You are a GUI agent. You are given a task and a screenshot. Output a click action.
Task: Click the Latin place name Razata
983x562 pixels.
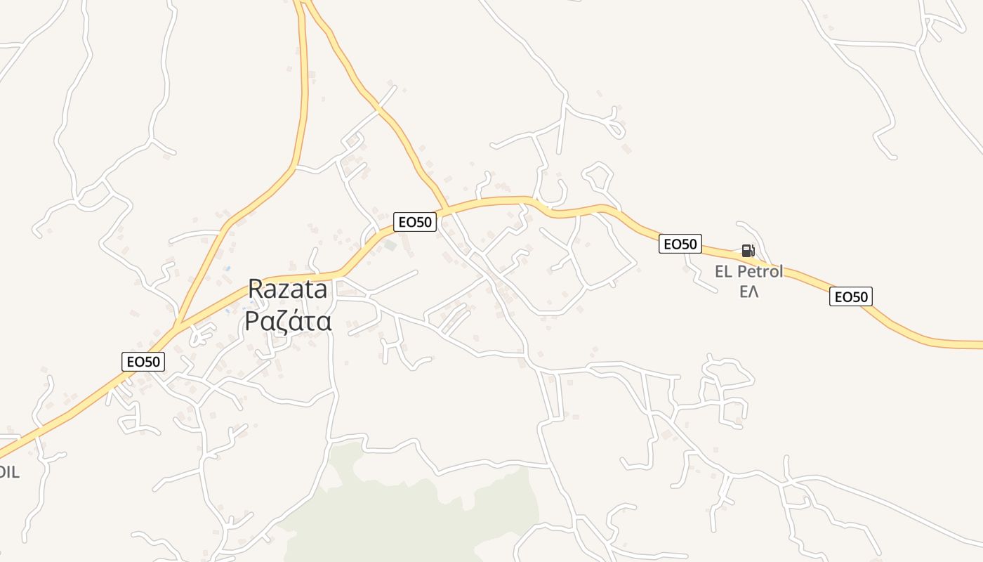288,289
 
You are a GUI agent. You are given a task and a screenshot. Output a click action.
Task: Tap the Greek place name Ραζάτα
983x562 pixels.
288,320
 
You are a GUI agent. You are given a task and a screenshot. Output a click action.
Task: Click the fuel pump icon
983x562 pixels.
748,251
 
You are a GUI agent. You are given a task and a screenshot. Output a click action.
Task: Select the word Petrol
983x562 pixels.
760,272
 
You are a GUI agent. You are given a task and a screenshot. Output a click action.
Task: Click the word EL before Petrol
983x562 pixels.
724,272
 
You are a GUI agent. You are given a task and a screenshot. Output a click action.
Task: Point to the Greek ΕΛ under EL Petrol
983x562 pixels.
749,291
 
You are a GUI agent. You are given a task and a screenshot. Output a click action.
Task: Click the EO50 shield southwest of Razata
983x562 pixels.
143,362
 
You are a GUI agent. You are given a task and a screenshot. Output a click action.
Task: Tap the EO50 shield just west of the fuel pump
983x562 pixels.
680,244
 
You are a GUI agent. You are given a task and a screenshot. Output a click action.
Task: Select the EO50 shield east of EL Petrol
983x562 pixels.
850,297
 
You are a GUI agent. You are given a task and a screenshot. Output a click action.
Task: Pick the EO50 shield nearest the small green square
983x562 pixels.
415,223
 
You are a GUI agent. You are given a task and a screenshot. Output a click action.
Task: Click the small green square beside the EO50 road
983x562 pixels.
390,245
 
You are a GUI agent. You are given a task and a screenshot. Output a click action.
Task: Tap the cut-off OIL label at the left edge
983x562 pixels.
8,472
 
